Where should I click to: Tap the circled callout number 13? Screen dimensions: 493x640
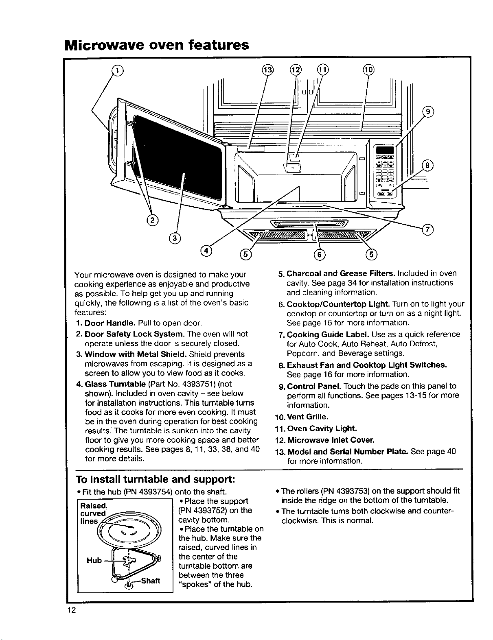click(267, 70)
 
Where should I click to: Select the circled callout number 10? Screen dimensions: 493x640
click(368, 70)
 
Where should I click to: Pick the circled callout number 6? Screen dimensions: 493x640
click(320, 254)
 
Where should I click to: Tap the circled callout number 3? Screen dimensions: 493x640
click(175, 238)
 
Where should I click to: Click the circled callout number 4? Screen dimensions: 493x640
click(206, 251)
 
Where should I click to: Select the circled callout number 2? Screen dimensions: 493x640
click(152, 220)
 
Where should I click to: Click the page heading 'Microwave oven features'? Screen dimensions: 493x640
click(156, 45)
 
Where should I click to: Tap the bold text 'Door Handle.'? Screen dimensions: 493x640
click(110, 323)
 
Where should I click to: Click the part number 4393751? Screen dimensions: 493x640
click(202, 384)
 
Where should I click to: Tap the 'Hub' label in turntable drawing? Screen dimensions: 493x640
click(94, 560)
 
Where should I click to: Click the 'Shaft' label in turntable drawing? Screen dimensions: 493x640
click(151, 581)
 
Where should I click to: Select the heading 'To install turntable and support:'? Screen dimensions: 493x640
click(155, 479)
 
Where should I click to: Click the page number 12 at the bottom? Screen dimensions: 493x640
click(72, 610)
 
